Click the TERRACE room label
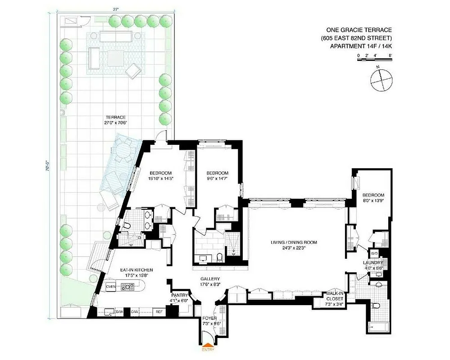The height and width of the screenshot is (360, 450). (113, 117)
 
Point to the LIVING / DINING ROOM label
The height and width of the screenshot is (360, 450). (294, 242)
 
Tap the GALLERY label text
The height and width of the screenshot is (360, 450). (210, 279)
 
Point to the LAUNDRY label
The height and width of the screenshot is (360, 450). (373, 263)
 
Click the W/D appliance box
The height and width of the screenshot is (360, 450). (374, 253)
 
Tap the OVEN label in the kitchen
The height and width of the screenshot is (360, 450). (111, 286)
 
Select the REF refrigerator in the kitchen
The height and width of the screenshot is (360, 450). (159, 311)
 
